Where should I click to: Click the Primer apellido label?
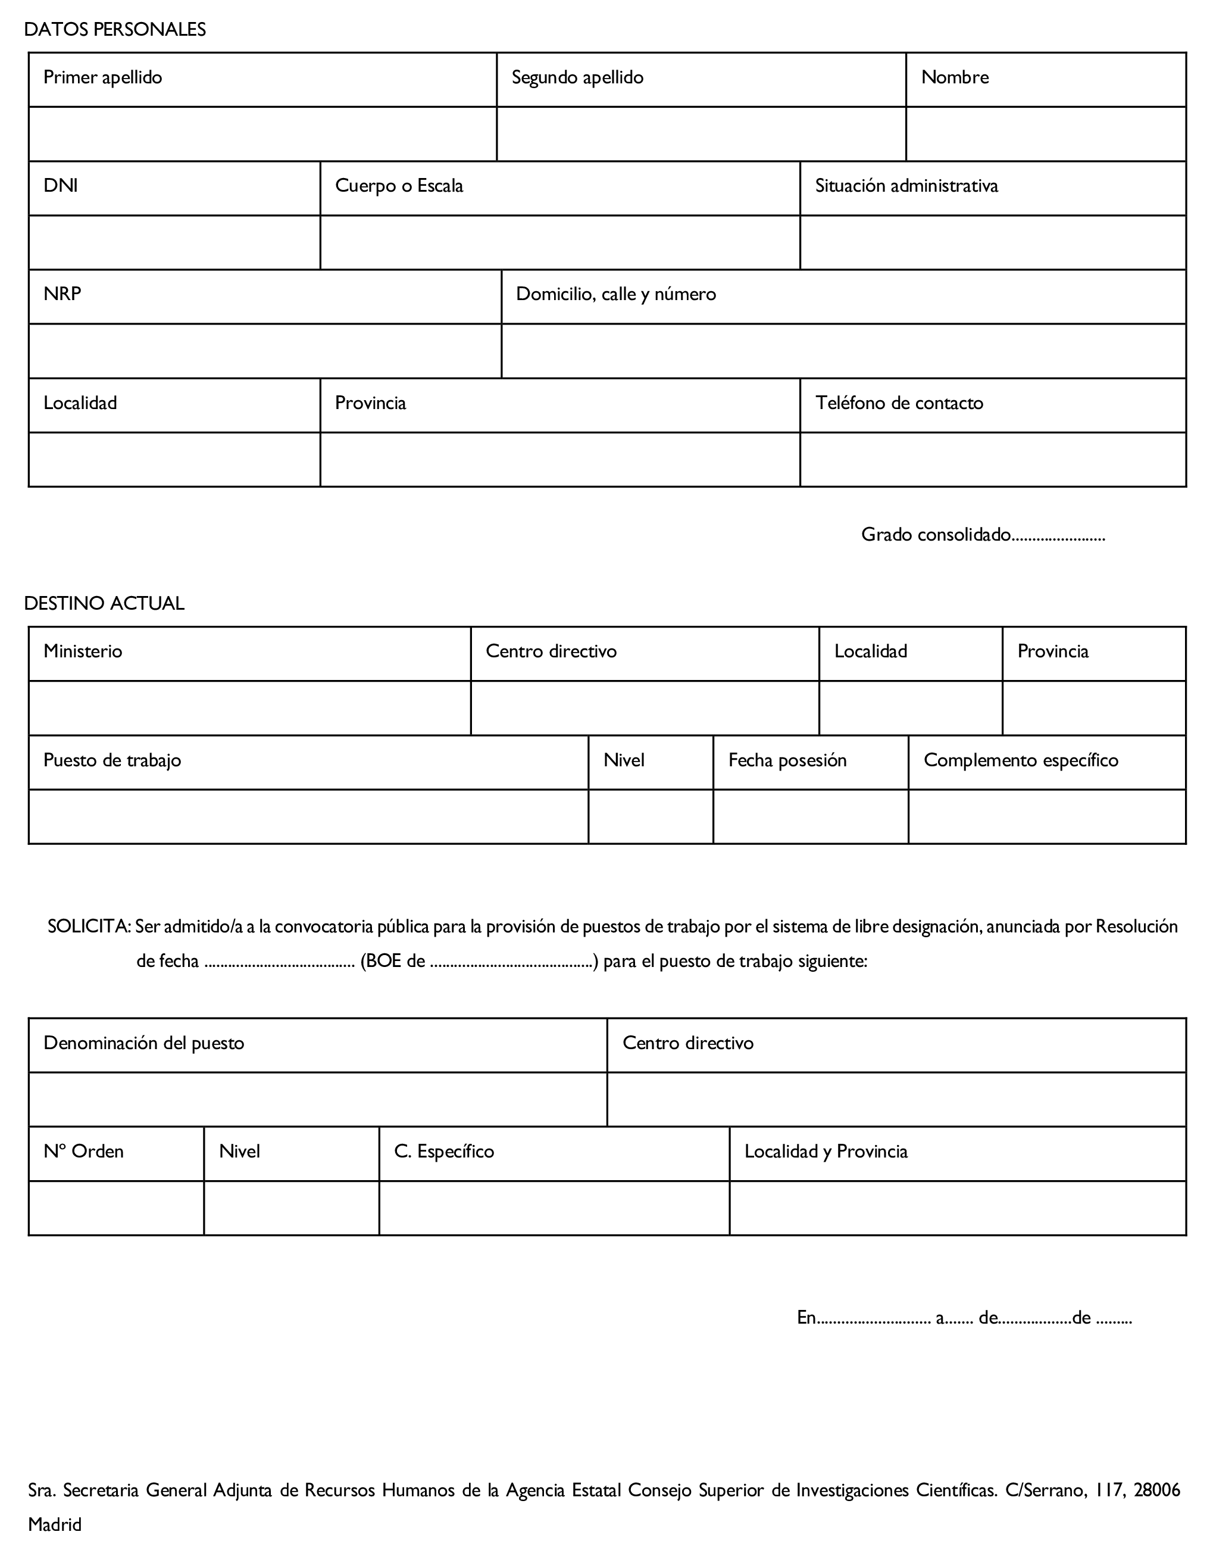point(102,77)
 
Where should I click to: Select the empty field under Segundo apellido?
point(701,134)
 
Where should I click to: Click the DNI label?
point(61,186)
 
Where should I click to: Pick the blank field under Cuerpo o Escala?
point(559,242)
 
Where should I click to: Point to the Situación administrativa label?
point(906,186)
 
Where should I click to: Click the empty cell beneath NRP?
point(265,351)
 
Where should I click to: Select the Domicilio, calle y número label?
point(615,294)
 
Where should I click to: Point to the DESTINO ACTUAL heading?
point(105,603)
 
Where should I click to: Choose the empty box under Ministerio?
point(249,708)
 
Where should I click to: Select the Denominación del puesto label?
point(144,1043)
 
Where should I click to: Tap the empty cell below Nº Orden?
point(116,1208)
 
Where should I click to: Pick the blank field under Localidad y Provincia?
point(958,1208)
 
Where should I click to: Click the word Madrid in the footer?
point(55,1524)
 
